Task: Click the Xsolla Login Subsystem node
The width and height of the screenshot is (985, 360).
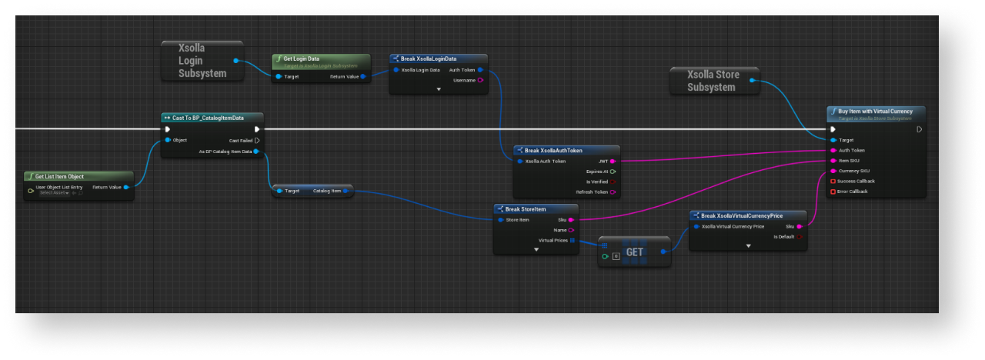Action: coord(202,61)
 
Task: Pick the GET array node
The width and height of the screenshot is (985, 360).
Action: coord(634,252)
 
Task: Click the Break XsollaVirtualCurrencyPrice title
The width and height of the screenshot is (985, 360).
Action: coord(743,215)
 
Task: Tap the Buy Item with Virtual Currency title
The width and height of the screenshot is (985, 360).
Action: coord(876,112)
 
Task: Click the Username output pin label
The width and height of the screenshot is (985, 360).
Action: coord(464,80)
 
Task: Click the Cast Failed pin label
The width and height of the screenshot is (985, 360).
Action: coord(241,140)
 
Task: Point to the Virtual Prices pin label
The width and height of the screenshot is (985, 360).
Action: coord(552,240)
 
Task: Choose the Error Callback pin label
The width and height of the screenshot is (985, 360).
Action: coord(852,191)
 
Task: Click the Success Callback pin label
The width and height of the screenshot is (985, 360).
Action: coord(856,181)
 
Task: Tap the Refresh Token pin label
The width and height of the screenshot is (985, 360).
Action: coord(591,192)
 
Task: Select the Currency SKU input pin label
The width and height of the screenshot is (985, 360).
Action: coord(854,171)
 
